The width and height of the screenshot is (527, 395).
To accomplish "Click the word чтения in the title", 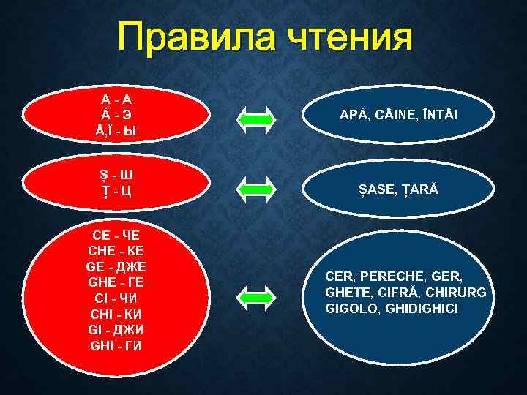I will [x=350, y=37].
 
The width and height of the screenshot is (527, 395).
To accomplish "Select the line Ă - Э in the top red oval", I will [x=116, y=115].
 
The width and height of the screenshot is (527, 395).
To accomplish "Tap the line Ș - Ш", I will [x=117, y=175].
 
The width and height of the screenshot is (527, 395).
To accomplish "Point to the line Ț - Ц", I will [x=117, y=192].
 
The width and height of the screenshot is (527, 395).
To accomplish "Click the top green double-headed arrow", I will [x=255, y=117].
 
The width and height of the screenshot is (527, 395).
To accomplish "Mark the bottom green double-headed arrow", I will [x=255, y=294].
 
